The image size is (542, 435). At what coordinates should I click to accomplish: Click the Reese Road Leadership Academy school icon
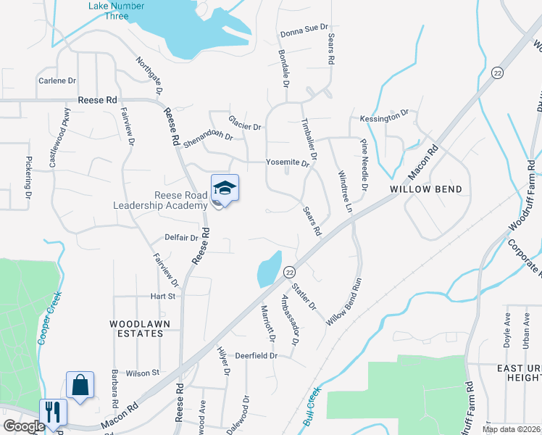point(225,188)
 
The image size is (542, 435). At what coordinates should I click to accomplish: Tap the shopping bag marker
point(80,385)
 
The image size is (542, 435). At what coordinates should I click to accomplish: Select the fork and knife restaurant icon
point(53,413)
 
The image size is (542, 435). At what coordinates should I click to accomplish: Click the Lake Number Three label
point(116,11)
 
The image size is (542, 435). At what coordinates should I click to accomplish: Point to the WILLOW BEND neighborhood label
point(425,189)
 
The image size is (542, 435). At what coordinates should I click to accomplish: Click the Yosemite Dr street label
point(288,163)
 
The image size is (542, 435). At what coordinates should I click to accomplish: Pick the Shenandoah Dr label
point(208,136)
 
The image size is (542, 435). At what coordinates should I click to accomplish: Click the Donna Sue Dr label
point(304,29)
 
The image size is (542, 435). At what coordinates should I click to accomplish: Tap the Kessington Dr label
point(384,117)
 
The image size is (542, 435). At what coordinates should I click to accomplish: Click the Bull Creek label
point(312,407)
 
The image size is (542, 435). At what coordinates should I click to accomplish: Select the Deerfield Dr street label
point(257,356)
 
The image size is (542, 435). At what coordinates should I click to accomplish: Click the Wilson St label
point(142,373)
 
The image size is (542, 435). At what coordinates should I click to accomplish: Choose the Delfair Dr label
point(181,237)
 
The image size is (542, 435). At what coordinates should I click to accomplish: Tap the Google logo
point(24,426)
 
